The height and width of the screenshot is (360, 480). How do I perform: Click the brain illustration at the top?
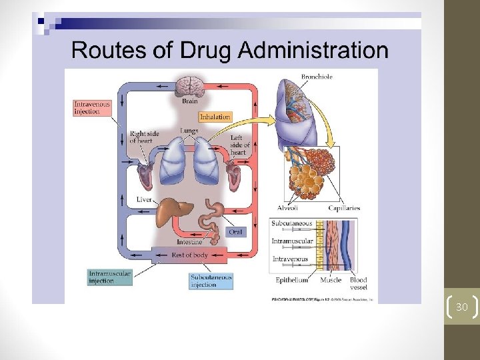[x=189, y=87]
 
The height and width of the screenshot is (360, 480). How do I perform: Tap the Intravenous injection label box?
[x=92, y=108]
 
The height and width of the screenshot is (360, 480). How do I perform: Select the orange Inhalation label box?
[x=215, y=117]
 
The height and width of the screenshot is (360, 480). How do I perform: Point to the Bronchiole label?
[x=317, y=77]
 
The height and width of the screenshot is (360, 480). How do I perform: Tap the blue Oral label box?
[x=235, y=231]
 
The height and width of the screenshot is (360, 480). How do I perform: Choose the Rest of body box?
[x=189, y=255]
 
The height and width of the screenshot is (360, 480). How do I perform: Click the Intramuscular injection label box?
[x=110, y=277]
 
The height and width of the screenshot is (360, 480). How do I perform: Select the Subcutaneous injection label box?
[x=211, y=281]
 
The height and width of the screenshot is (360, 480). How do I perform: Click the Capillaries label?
[x=343, y=208]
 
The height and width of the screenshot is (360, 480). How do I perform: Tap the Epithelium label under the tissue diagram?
[x=291, y=281]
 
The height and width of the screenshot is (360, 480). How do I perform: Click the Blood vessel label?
[x=358, y=284]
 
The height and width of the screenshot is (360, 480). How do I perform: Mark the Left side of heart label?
[x=239, y=145]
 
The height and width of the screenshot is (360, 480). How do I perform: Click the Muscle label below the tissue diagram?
[x=331, y=281]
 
